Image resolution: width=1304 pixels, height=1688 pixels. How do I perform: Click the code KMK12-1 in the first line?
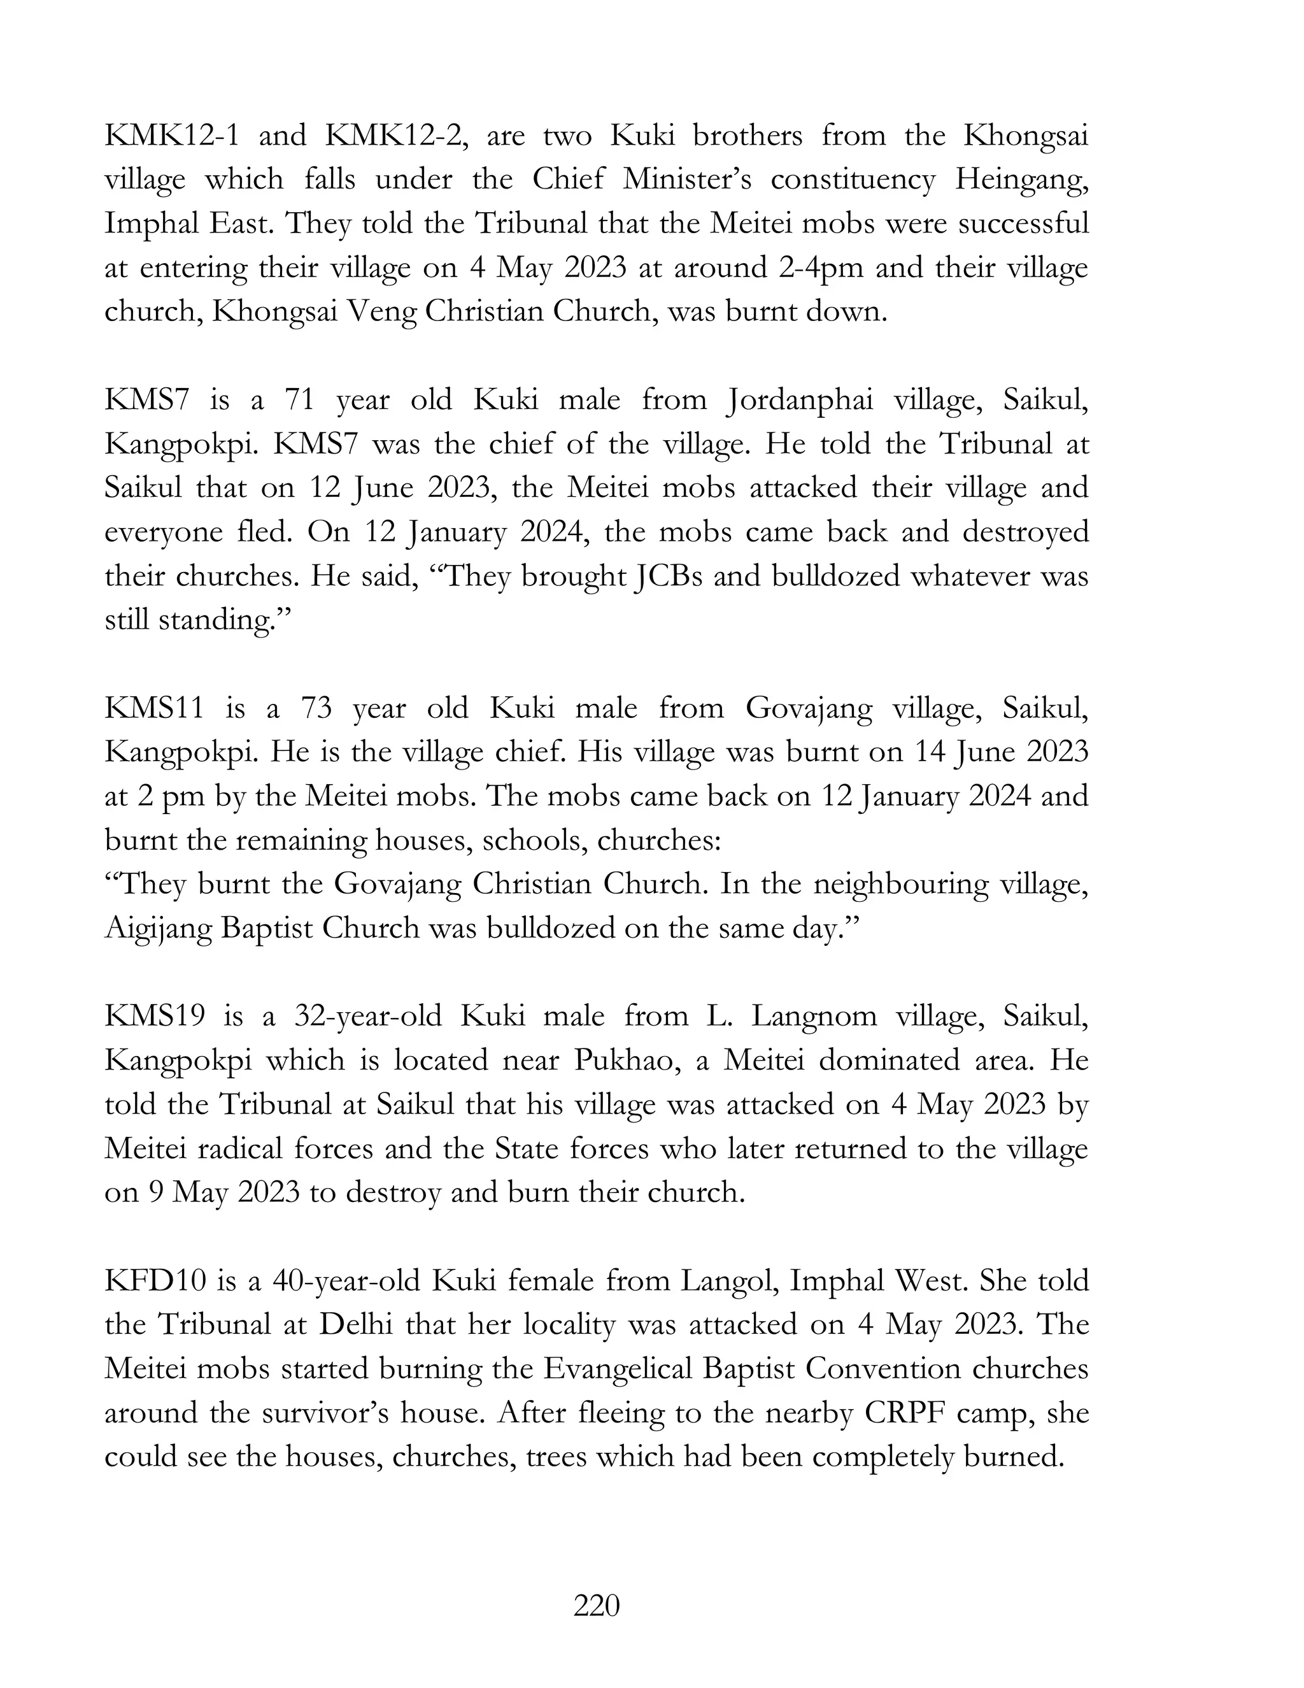171,136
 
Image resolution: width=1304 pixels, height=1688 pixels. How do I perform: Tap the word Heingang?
1021,180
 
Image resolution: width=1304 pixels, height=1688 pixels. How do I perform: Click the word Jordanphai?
800,401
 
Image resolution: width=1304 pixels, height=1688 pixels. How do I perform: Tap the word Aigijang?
158,928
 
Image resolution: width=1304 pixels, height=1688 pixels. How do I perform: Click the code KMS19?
155,1015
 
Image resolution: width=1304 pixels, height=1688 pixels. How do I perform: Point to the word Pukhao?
622,1061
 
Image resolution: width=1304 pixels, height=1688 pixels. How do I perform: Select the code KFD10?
155,1281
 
